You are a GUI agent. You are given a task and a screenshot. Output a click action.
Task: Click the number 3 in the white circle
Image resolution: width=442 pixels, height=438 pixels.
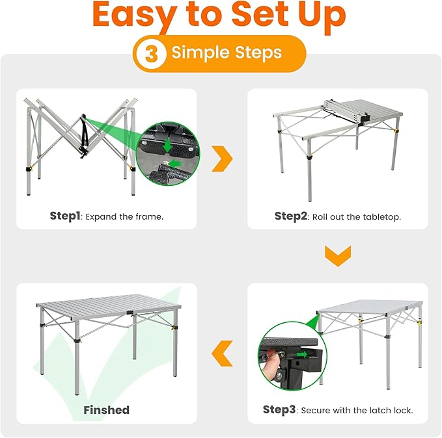[x=151, y=54]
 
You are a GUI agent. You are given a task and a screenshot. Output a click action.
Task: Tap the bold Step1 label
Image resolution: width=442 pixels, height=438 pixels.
[x=66, y=216]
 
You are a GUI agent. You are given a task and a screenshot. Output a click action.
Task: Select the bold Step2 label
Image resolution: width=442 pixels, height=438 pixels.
[x=290, y=216]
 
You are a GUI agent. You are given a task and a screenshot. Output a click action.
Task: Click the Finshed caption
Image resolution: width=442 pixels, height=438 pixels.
[x=106, y=410]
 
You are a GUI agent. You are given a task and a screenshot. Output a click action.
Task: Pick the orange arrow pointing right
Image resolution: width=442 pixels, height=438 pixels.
[x=222, y=159]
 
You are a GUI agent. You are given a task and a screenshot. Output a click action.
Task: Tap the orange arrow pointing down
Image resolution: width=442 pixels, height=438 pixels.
[x=338, y=255]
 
